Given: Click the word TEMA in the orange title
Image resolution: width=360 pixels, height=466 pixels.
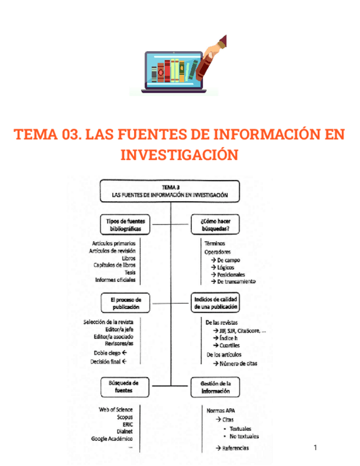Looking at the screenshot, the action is click(x=33, y=135).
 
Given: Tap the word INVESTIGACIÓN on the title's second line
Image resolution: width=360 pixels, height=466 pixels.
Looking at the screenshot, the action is click(x=179, y=155).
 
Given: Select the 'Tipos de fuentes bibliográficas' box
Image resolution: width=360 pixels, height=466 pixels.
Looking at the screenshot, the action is click(x=125, y=224).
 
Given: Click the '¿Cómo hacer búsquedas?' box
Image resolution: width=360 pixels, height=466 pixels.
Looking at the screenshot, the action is click(x=215, y=224).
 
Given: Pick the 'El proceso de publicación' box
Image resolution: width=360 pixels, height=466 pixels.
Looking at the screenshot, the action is click(x=125, y=303).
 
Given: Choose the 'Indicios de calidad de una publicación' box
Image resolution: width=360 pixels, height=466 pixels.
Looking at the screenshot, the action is click(x=215, y=303).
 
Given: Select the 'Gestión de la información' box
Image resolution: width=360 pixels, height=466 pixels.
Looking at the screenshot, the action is click(x=216, y=387).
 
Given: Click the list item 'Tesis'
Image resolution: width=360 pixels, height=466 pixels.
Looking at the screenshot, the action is click(x=130, y=272).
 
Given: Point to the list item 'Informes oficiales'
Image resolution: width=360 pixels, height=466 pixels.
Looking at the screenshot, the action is click(x=115, y=280).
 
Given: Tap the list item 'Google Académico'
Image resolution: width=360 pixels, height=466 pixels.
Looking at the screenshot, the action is click(x=112, y=439).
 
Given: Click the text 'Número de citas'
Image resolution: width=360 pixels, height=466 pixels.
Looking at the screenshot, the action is click(x=238, y=363).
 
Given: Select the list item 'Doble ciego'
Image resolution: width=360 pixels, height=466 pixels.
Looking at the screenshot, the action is click(x=108, y=352).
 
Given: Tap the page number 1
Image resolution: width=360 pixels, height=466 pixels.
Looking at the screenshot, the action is click(x=315, y=447).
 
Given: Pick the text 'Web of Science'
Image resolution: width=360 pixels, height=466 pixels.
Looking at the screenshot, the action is click(x=115, y=409).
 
